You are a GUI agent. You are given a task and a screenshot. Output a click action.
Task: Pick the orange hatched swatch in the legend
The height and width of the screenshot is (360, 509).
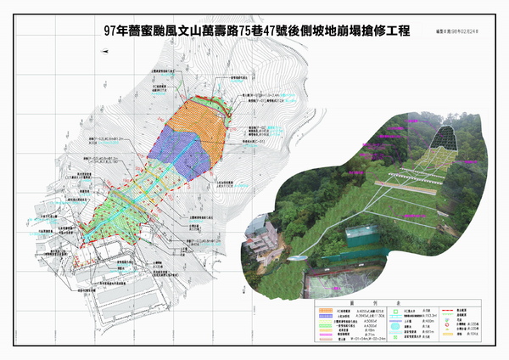pyautogui.click(x=323, y=312)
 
